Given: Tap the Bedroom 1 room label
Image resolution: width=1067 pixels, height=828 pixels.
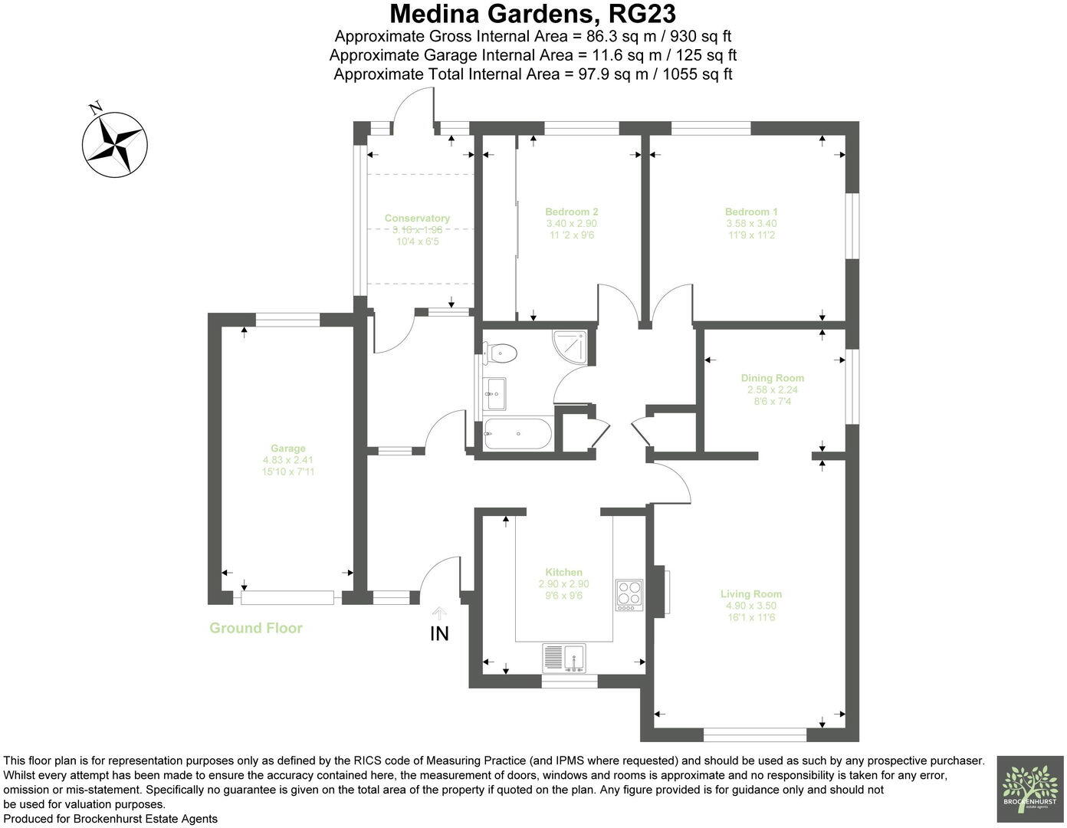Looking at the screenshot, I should tap(751, 212).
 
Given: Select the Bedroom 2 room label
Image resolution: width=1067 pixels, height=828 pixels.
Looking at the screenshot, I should tap(571, 212).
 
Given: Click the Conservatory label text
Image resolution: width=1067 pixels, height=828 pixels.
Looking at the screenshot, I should tap(417, 219).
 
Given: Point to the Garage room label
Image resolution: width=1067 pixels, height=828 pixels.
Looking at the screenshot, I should tap(287, 449).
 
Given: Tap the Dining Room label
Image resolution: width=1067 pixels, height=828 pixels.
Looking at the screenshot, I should tap(772, 378).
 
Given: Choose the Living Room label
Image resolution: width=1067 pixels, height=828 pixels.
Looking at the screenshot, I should tap(750, 594).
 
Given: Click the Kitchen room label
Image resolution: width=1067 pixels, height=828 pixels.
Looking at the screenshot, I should tap(563, 573).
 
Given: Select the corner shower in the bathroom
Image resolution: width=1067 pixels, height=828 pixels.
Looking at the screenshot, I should tap(572, 347).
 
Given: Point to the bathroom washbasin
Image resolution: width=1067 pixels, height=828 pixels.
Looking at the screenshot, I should tap(494, 394).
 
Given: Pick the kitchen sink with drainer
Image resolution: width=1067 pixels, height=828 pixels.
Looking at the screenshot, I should tap(564, 658).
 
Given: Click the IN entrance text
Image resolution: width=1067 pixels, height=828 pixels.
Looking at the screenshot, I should tap(439, 634).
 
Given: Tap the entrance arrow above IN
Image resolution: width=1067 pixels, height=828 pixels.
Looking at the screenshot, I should tap(439, 613).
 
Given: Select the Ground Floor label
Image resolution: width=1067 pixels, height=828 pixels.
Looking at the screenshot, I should tap(256, 628).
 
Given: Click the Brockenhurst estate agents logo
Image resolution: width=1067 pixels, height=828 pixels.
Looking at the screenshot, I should tap(1029, 789).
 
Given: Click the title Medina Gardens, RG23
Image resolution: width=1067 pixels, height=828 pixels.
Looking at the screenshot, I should tap(533, 14).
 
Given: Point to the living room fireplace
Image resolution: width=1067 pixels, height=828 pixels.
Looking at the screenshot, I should tap(661, 590).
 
